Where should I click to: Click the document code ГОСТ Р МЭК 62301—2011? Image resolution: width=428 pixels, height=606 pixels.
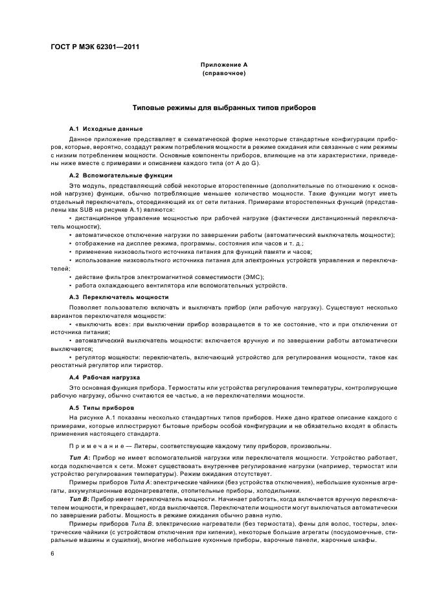coord(95,47)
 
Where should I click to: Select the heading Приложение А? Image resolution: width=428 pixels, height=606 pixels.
coord(223,65)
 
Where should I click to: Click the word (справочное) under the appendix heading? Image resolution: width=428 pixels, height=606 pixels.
coord(223,74)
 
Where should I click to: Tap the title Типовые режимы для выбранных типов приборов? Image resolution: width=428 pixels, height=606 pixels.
coord(223,108)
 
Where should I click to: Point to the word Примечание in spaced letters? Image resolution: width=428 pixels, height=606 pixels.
coord(91,447)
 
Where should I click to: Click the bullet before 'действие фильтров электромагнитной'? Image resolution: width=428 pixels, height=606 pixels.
coord(71,277)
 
